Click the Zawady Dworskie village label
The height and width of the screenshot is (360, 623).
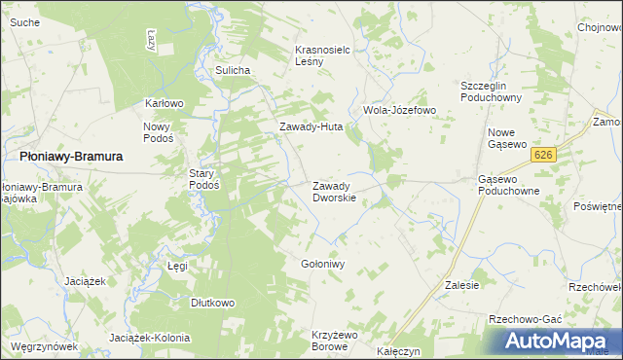(334, 191)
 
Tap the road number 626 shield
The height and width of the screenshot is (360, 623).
(543, 155)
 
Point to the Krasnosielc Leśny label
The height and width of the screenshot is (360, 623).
(322, 54)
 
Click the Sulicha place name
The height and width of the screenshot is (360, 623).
(234, 70)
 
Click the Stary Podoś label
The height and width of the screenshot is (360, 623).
(203, 178)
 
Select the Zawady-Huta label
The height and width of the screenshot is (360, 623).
(311, 126)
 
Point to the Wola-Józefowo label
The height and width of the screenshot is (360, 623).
(399, 110)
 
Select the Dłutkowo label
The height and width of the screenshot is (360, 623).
(213, 303)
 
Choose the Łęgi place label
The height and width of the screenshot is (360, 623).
(177, 265)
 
